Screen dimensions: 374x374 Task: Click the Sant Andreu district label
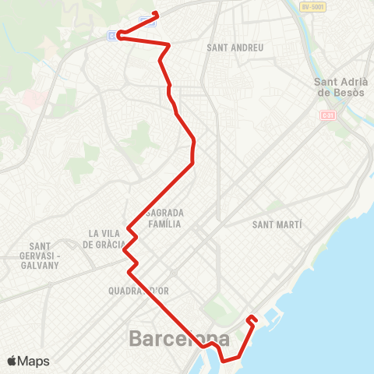point(235,48)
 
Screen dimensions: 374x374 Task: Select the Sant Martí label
point(277,224)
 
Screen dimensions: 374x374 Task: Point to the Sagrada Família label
point(164,217)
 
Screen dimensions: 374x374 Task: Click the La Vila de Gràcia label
point(107,238)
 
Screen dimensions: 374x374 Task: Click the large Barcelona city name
point(179,339)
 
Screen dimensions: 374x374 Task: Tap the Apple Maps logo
point(28,361)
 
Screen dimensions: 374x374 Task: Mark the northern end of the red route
point(157,13)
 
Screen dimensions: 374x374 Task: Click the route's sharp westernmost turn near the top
point(119,34)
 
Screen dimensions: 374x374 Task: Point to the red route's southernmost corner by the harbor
point(223,361)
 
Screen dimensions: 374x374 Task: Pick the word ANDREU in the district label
point(248,48)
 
